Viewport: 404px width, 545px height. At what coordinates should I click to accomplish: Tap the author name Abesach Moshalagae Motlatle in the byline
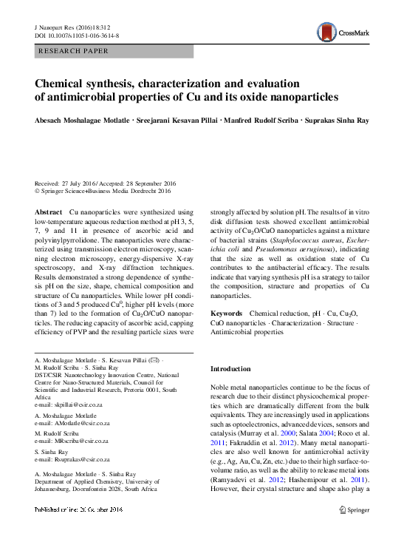(86, 120)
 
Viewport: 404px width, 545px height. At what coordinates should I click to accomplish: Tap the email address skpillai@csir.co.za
(77, 406)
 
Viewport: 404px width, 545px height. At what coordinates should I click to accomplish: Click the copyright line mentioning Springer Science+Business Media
(103, 190)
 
